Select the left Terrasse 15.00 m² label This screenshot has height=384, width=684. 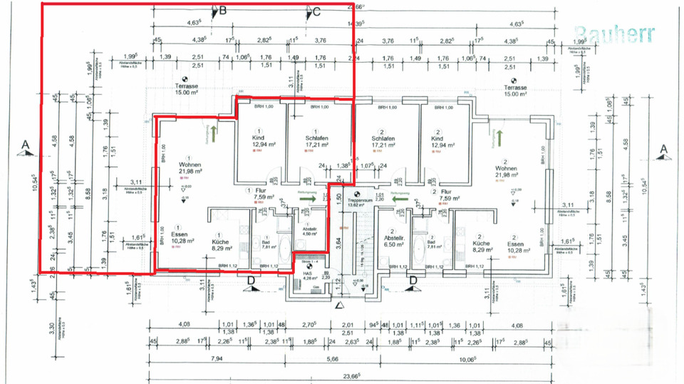point(185,89)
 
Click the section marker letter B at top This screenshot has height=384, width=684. point(222,11)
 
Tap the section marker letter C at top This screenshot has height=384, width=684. point(316,11)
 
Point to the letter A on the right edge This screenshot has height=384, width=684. point(663,148)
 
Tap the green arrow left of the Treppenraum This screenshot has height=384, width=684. point(311,200)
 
